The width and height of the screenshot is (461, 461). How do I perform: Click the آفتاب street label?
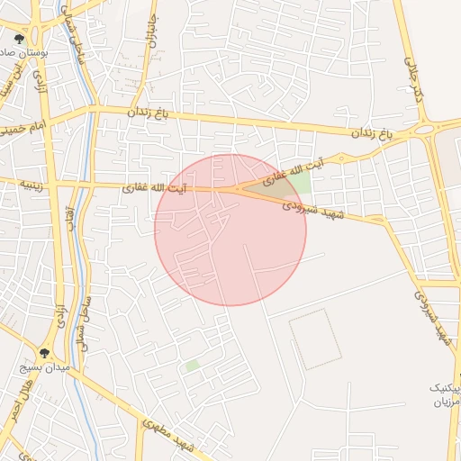pyautogui.click(x=71, y=216)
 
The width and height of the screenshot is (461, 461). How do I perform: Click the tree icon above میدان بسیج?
pyautogui.click(x=45, y=352)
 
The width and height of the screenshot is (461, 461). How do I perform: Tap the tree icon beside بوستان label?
pyautogui.click(x=20, y=39)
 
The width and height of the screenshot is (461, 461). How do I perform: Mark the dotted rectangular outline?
pyautogui.click(x=316, y=339)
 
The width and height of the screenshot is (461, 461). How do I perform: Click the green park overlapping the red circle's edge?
pyautogui.click(x=298, y=183)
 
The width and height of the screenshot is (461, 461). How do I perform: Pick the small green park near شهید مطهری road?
pyautogui.click(x=191, y=366)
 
